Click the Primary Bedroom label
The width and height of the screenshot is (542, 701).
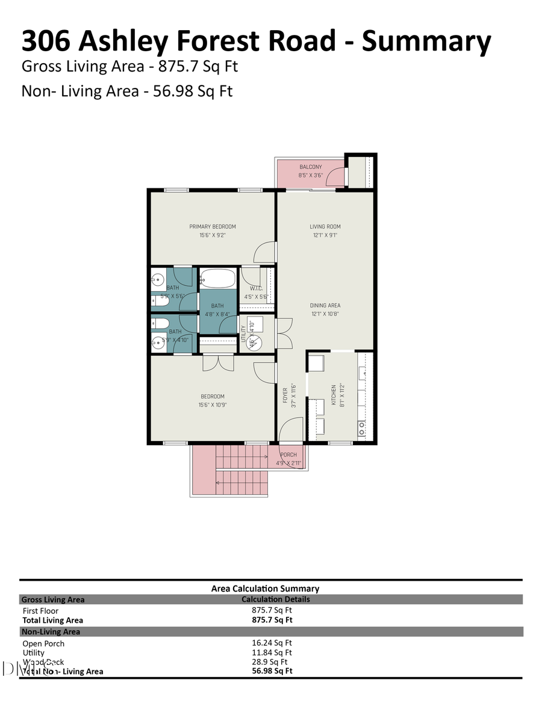click(x=213, y=227)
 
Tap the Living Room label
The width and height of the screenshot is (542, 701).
click(x=325, y=227)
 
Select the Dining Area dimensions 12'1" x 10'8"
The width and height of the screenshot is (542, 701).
click(x=325, y=313)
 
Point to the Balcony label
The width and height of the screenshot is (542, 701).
click(x=311, y=167)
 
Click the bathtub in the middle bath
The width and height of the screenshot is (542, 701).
click(x=217, y=279)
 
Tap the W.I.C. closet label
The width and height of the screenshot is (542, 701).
click(x=255, y=288)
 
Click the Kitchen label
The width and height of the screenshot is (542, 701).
click(x=332, y=395)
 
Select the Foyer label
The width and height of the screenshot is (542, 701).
click(x=285, y=395)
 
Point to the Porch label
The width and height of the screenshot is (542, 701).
click(x=288, y=454)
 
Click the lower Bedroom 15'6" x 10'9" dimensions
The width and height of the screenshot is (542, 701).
click(x=213, y=405)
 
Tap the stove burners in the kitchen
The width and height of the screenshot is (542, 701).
click(x=362, y=428)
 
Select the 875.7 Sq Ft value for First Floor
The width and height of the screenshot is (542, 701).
click(x=272, y=610)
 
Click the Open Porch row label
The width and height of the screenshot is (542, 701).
click(x=43, y=643)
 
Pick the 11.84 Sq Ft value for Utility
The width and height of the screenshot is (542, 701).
click(x=272, y=652)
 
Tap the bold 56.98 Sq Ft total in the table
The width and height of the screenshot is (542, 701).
click(x=272, y=671)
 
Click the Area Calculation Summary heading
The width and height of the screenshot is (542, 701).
click(x=265, y=588)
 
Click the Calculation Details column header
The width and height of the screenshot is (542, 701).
click(x=276, y=599)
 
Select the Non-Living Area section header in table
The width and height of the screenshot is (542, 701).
click(x=51, y=632)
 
